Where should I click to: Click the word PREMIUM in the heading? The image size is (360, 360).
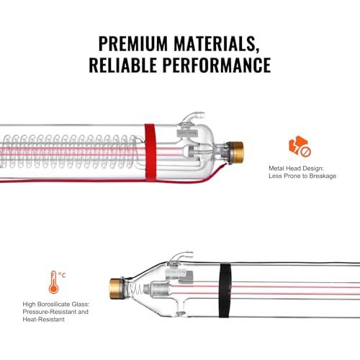point(132,44)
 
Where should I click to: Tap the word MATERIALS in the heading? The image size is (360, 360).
point(217,44)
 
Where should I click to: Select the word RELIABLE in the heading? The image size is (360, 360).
point(122,65)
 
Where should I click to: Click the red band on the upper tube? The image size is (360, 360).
point(150,153)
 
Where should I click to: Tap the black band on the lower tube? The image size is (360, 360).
point(225,290)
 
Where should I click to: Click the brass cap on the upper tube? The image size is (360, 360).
point(235,153)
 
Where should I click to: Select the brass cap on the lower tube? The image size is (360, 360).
point(117,289)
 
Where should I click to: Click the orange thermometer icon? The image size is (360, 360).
point(53,282)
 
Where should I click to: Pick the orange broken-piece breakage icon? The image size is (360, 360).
point(300,146)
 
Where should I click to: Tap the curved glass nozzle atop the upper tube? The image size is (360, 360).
point(192,117)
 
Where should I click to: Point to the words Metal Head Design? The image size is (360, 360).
point(296,168)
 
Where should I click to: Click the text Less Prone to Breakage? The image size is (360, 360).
point(302,176)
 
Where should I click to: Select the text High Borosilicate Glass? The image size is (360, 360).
point(56,305)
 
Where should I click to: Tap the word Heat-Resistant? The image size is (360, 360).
point(44,319)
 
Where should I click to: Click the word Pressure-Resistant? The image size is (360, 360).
point(50,312)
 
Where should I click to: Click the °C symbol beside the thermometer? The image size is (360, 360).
point(62,275)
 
